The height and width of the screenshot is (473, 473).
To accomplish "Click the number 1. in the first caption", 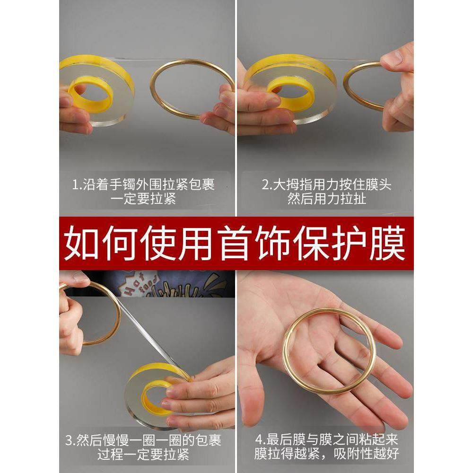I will [x=77, y=184].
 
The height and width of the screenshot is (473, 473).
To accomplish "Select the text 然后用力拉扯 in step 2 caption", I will [x=326, y=199].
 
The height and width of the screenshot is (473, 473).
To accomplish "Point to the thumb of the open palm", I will [x=251, y=393].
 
